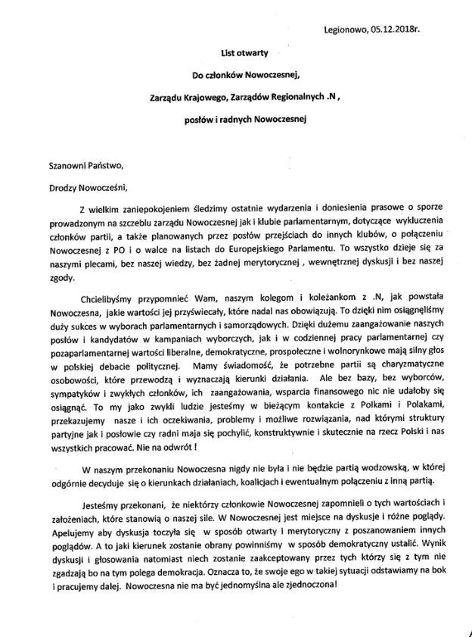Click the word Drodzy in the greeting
[x=56, y=187]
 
